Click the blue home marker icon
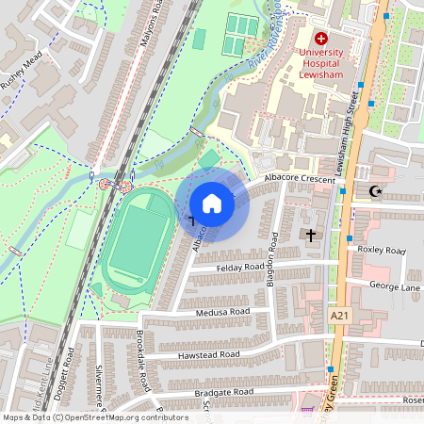(x=212, y=204)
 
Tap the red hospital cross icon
(x=320, y=39)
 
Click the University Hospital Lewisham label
(x=320, y=62)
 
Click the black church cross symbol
(x=310, y=233)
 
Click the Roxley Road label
(x=381, y=250)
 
